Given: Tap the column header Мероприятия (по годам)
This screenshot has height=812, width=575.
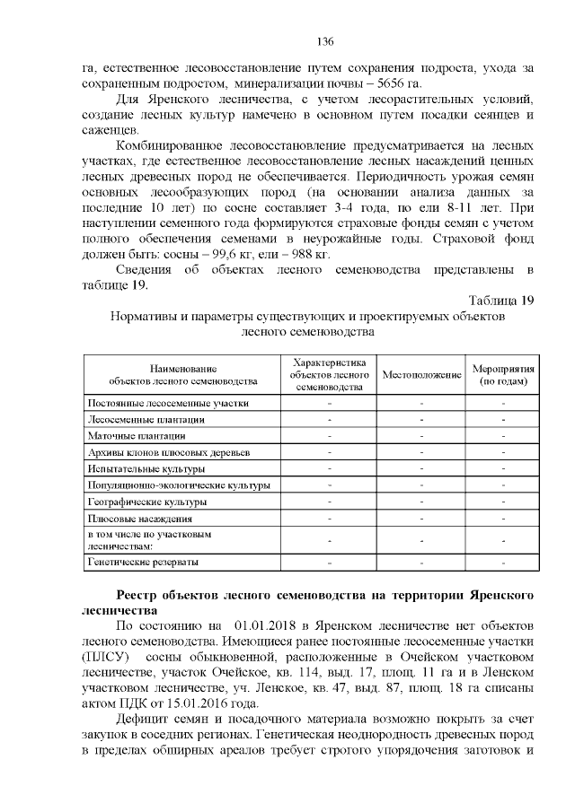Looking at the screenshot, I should coord(503,374).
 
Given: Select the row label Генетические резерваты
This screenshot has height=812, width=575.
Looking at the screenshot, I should coord(142,563).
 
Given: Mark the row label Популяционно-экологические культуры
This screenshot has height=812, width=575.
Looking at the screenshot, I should coord(178,485).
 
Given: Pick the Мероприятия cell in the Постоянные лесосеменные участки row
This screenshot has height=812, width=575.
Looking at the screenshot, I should coord(503,403).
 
